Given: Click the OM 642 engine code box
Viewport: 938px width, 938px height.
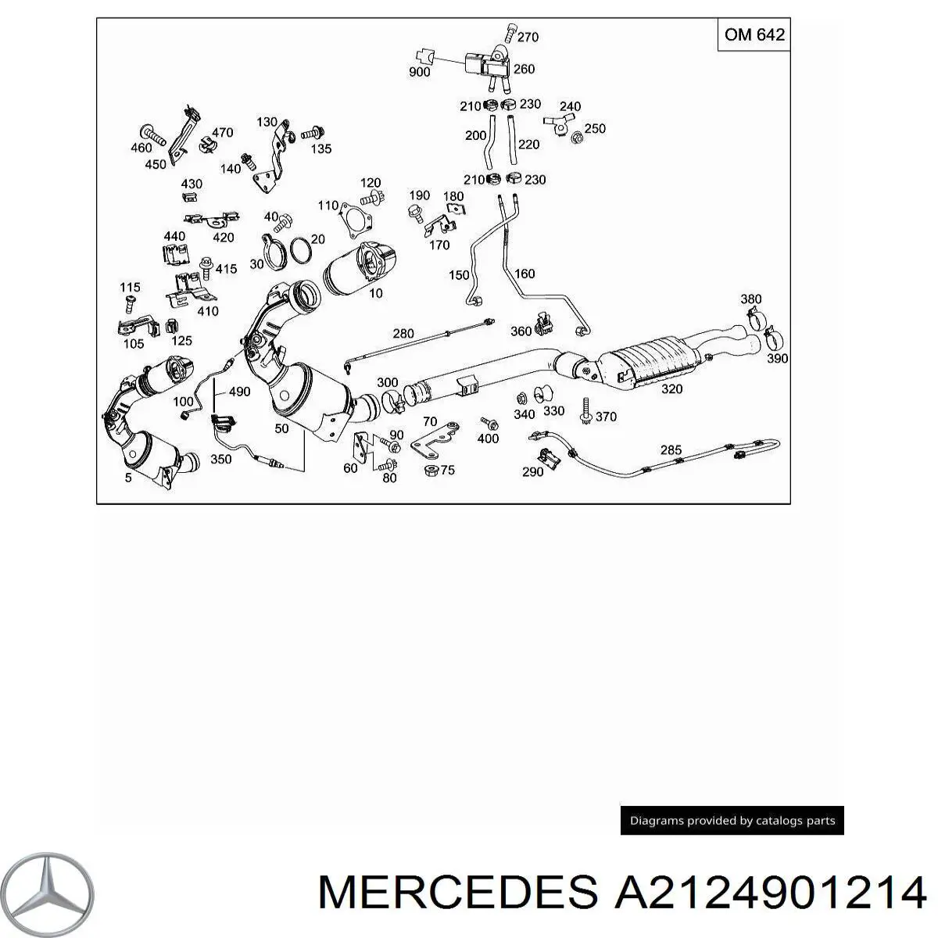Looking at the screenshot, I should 754,36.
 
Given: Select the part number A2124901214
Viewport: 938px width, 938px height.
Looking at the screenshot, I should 770,892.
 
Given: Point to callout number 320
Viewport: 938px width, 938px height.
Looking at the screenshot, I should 671,389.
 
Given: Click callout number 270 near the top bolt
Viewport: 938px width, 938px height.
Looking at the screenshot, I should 528,37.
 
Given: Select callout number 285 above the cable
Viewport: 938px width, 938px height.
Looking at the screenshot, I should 671,450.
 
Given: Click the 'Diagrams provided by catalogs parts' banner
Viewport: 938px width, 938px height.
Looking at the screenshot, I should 732,821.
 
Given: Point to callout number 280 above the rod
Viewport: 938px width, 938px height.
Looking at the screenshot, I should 403,334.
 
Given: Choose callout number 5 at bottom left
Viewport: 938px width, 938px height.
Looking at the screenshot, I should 128,478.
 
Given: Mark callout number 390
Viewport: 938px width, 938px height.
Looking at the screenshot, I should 776,359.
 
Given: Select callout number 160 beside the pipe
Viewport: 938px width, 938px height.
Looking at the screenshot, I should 524,274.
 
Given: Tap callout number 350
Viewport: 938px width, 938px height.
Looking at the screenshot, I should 221,460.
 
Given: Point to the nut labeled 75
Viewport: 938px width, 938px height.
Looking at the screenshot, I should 430,471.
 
